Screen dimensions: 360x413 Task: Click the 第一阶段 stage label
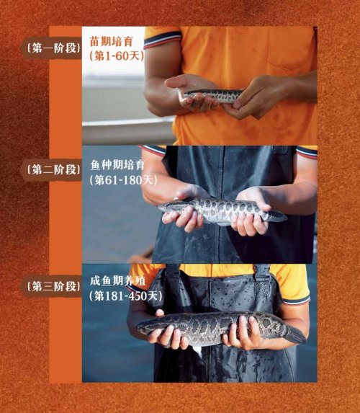pos(54,48)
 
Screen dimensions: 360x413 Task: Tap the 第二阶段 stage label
pos(54,169)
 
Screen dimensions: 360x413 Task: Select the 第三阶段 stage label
pos(54,286)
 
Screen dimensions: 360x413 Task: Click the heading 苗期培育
pos(112,41)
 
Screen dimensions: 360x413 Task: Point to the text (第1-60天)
pos(117,55)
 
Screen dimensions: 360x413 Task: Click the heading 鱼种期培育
pos(117,165)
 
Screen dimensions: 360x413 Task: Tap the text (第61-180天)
pos(123,180)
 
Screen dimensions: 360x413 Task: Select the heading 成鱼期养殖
pos(117,281)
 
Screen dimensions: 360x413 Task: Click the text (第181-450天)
pos(125,296)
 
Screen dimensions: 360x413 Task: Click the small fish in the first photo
pos(211,96)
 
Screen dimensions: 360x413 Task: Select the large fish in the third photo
pos(220,328)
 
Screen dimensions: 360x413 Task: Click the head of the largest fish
pos(148,327)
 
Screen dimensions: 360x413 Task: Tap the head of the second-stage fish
pos(168,206)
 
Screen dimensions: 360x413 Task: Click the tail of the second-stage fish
pos(278,216)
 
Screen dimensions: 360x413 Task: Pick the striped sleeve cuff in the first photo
pos(163,40)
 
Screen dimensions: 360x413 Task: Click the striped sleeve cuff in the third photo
pos(297,301)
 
